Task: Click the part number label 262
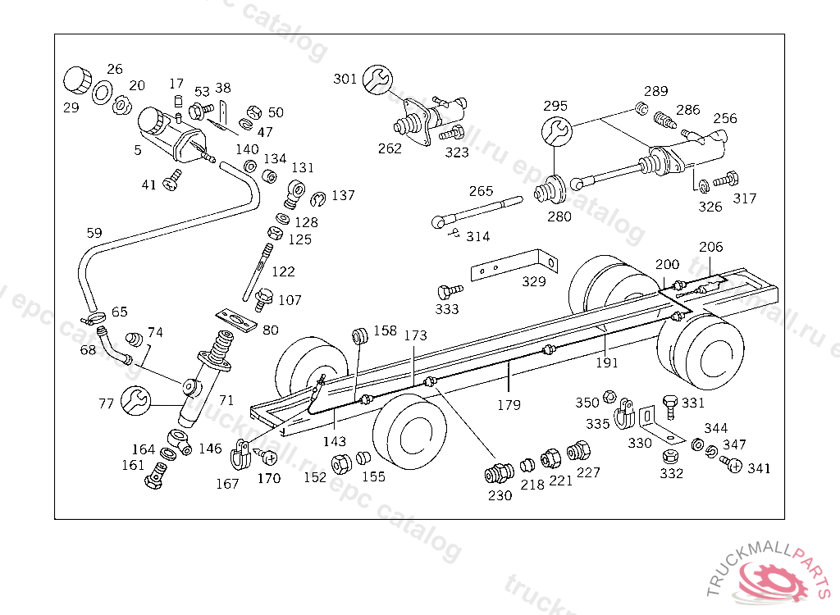(390, 148)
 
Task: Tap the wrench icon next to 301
(377, 80)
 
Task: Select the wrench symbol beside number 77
(136, 401)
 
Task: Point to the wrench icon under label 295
(557, 131)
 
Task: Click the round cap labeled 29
(78, 80)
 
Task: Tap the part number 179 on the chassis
(509, 405)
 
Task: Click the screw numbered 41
(173, 180)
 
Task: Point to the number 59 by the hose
(94, 233)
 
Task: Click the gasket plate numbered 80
(236, 321)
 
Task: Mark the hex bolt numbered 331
(670, 408)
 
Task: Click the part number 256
(725, 118)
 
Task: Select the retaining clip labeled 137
(317, 198)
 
